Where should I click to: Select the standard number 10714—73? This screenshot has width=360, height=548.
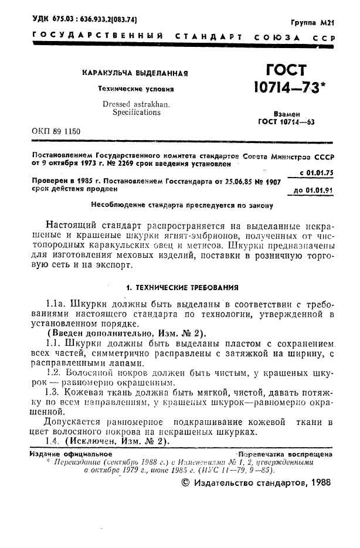tap(286, 89)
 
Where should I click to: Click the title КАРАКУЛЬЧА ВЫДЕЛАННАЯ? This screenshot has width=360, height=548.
tap(134, 74)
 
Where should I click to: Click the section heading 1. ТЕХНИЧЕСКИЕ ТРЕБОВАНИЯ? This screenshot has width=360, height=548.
tap(182, 288)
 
